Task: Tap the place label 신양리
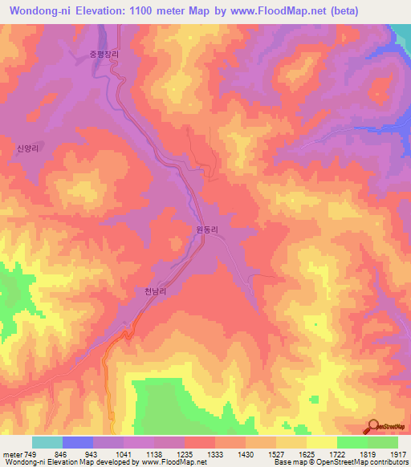28,148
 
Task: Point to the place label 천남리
155,293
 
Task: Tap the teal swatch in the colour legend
47,441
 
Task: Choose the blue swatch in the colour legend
78,441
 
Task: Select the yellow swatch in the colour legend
321,441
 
